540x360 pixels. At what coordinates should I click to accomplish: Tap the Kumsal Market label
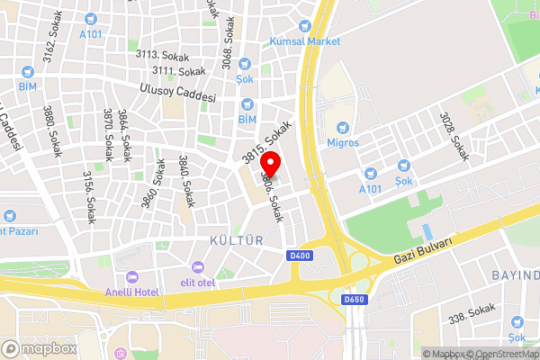click(305, 41)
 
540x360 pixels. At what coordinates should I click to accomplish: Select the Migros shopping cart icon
click(342, 127)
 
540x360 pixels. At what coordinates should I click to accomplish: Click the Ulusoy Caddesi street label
click(178, 92)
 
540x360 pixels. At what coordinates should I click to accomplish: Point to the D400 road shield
click(300, 256)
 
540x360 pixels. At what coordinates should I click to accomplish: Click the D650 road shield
click(355, 298)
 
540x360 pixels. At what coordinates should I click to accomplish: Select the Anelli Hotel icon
click(132, 276)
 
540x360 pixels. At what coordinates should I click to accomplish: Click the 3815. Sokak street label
click(269, 142)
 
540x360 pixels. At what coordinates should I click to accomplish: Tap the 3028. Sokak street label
click(454, 136)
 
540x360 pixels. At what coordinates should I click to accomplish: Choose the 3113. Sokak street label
click(158, 54)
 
